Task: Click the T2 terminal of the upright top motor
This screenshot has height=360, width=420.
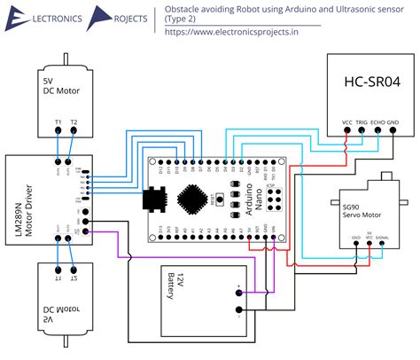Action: [x=74, y=121]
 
